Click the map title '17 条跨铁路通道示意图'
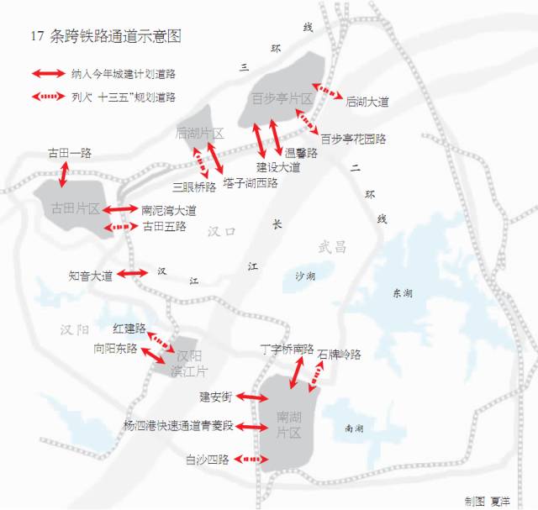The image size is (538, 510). pyautogui.click(x=105, y=37)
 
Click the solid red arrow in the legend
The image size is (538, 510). pyautogui.click(x=45, y=73)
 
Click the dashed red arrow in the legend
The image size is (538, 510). pyautogui.click(x=45, y=97)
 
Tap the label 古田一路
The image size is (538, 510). pyautogui.click(x=69, y=153)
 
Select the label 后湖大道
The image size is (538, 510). pyautogui.click(x=367, y=102)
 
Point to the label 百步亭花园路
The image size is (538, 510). pyautogui.click(x=353, y=138)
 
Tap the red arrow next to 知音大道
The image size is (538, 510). pyautogui.click(x=132, y=274)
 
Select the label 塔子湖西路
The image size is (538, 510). pyautogui.click(x=251, y=182)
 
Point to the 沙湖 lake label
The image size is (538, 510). pyautogui.click(x=306, y=276)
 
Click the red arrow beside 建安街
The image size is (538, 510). pyautogui.click(x=252, y=396)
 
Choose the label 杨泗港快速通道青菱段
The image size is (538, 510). pyautogui.click(x=177, y=427)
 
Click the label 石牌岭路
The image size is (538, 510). pyautogui.click(x=340, y=355)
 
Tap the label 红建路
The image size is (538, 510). pyautogui.click(x=129, y=328)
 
